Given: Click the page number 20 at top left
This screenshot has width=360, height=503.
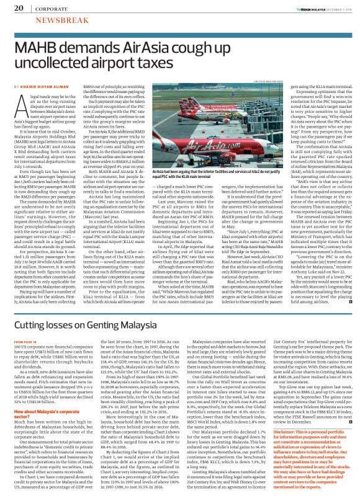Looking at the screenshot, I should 18,8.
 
